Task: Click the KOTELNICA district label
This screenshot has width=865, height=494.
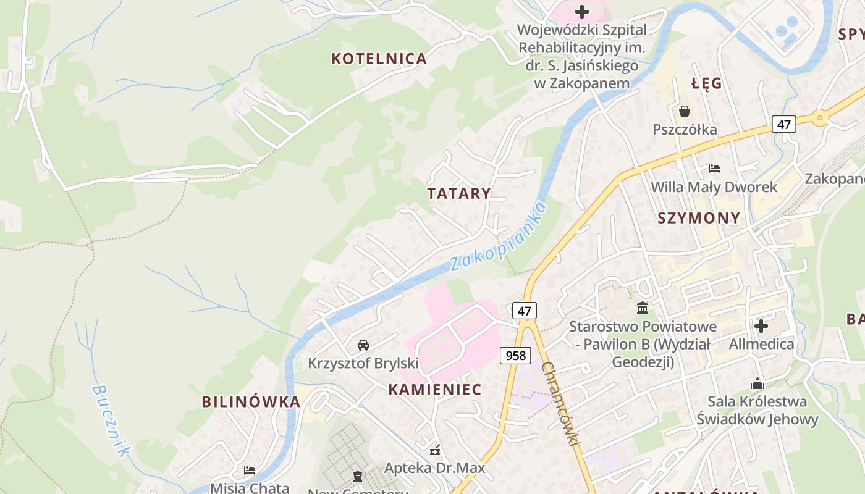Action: coord(379,59)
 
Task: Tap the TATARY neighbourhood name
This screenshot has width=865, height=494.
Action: coord(459,193)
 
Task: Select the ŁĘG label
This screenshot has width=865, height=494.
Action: coord(707,84)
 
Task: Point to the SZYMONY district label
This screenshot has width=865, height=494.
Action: coord(699,217)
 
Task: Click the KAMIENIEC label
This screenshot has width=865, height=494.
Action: coord(434,390)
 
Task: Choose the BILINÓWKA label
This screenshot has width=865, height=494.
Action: coord(251,401)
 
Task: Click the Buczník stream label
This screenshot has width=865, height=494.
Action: coord(112,421)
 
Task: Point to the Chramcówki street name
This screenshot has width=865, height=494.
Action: coord(562,404)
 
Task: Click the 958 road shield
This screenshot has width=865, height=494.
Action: coord(515,355)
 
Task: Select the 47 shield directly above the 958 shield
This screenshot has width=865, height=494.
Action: coord(524,311)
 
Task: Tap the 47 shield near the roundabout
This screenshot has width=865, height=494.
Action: coord(783,124)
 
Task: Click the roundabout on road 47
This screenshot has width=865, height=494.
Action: coord(820,117)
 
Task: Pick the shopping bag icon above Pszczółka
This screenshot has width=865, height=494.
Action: coord(685,111)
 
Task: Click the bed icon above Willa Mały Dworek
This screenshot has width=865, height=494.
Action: coord(714,168)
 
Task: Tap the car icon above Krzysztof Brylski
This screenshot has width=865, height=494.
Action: coord(363,345)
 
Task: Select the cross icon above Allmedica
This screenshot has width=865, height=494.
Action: coord(761,325)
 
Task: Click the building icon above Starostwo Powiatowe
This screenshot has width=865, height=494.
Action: coord(643,308)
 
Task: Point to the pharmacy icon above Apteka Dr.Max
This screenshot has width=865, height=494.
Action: coord(435,450)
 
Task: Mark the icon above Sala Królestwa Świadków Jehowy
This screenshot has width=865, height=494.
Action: coord(757,383)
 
